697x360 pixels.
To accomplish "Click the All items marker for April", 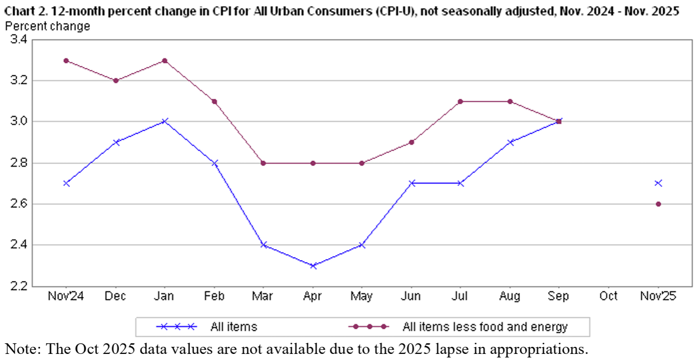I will tap(313, 265).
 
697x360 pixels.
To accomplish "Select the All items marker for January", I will tap(165, 122).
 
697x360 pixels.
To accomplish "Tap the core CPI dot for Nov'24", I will tap(66, 61).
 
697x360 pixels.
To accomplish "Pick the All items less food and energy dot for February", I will tap(214, 102).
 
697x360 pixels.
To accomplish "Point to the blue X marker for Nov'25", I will tap(658, 183).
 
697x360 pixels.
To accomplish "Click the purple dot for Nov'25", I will tap(658, 204).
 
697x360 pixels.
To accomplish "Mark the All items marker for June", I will tap(412, 183).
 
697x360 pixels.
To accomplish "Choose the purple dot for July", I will tap(460, 102).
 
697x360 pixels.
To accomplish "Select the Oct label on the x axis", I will tap(608, 296).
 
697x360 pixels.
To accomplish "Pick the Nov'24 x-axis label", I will tap(66, 296).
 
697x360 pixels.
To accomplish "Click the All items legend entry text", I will tap(234, 327).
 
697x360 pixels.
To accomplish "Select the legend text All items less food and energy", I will tap(485, 327).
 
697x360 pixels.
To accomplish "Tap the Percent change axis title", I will tap(48, 26).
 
